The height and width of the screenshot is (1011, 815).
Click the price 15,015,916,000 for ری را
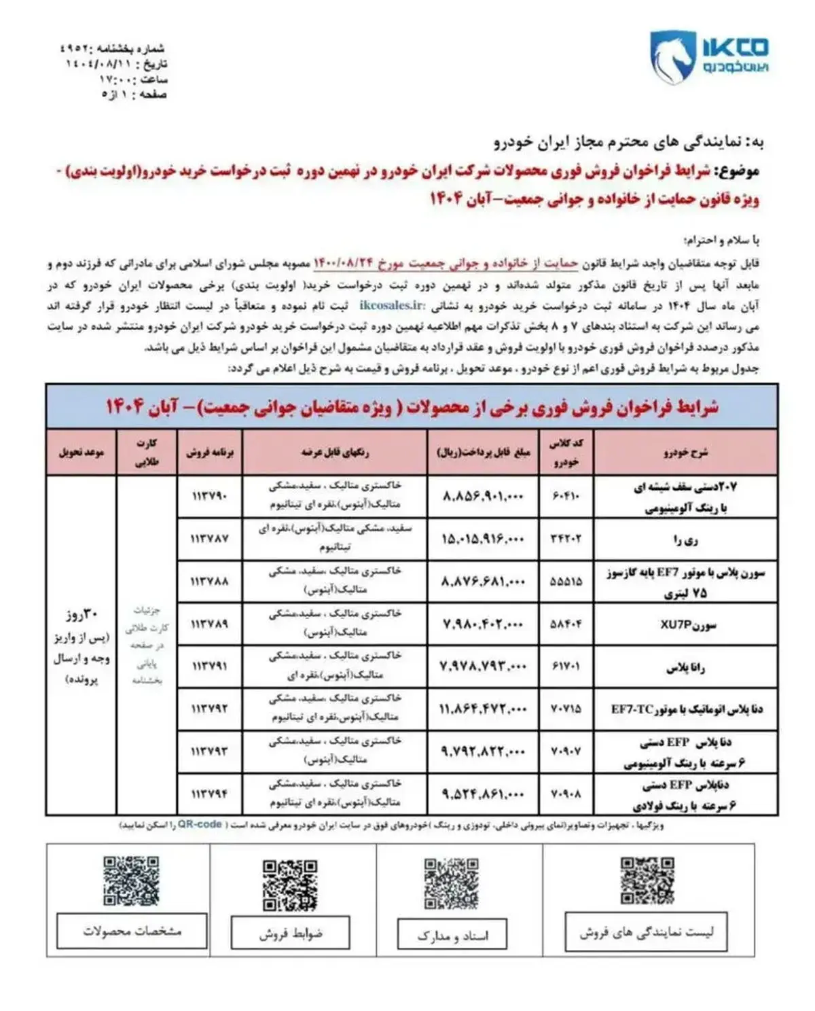pos(483,539)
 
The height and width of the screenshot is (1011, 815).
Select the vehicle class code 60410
pos(565,496)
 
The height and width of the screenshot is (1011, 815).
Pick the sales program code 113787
pos(209,539)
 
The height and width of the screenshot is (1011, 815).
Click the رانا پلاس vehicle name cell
pos(685,667)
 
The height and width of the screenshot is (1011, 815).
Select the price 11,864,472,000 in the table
pos(483,709)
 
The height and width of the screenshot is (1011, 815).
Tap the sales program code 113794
pos(209,794)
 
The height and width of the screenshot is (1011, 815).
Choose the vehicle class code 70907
pos(565,751)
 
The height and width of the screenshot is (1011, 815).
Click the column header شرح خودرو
pos(685,453)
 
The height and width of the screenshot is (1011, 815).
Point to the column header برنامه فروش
pos(209,453)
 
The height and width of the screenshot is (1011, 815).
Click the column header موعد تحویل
pos(81,453)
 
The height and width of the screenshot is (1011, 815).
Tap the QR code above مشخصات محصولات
pos(131,881)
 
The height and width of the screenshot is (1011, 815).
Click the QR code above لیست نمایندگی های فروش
pos(647,881)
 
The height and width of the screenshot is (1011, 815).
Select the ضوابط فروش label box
pos(290,934)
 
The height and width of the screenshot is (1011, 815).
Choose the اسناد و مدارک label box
pos(453,936)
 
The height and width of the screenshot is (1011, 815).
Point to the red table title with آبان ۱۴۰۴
pos(412,407)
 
